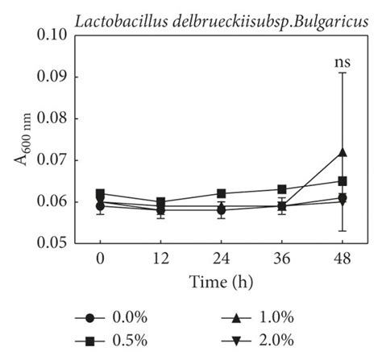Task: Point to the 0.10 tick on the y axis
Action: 56,35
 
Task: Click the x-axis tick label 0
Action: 100,261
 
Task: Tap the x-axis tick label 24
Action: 222,261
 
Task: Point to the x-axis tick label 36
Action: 282,261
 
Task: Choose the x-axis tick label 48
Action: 343,261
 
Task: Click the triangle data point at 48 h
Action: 343,151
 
